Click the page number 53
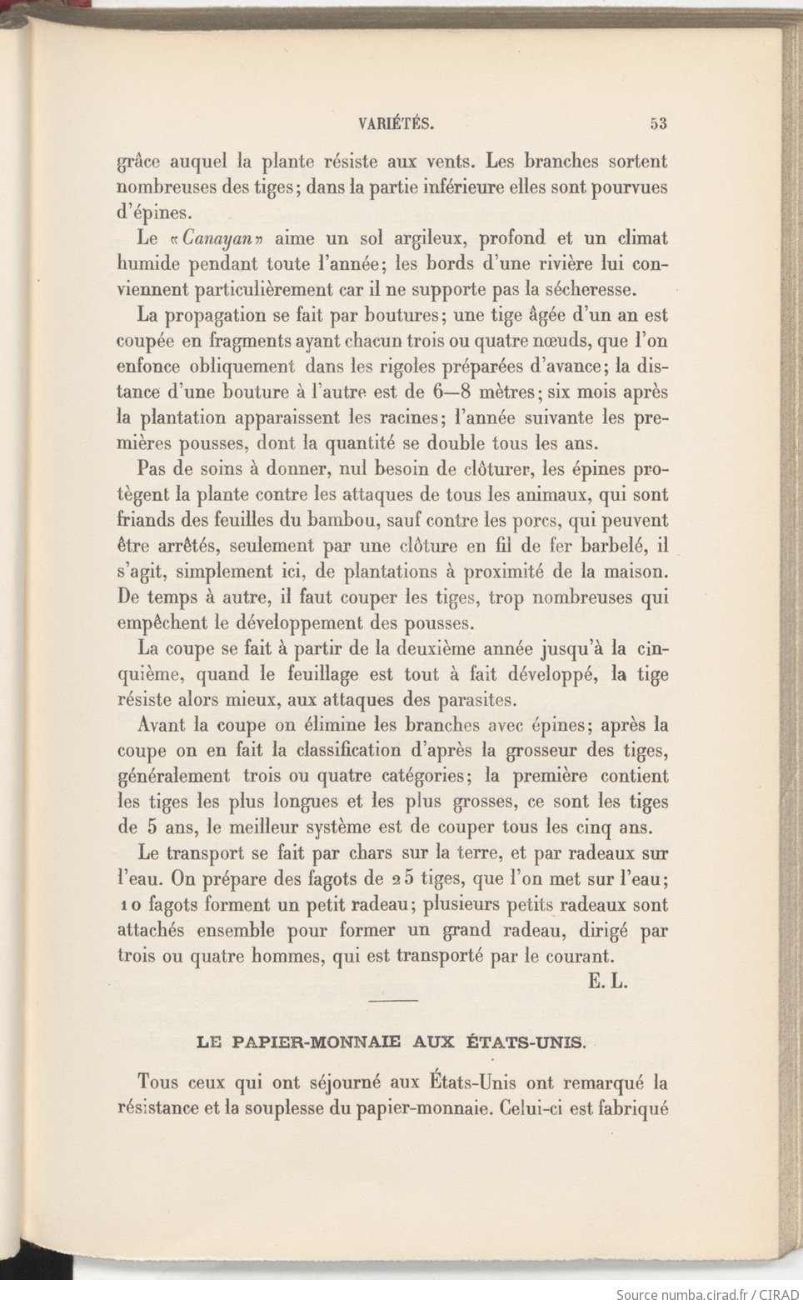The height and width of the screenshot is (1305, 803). (x=658, y=124)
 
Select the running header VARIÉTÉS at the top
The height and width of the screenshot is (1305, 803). (x=396, y=124)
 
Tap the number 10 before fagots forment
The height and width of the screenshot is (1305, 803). (x=128, y=905)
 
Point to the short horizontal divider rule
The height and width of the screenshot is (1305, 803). (x=392, y=1000)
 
